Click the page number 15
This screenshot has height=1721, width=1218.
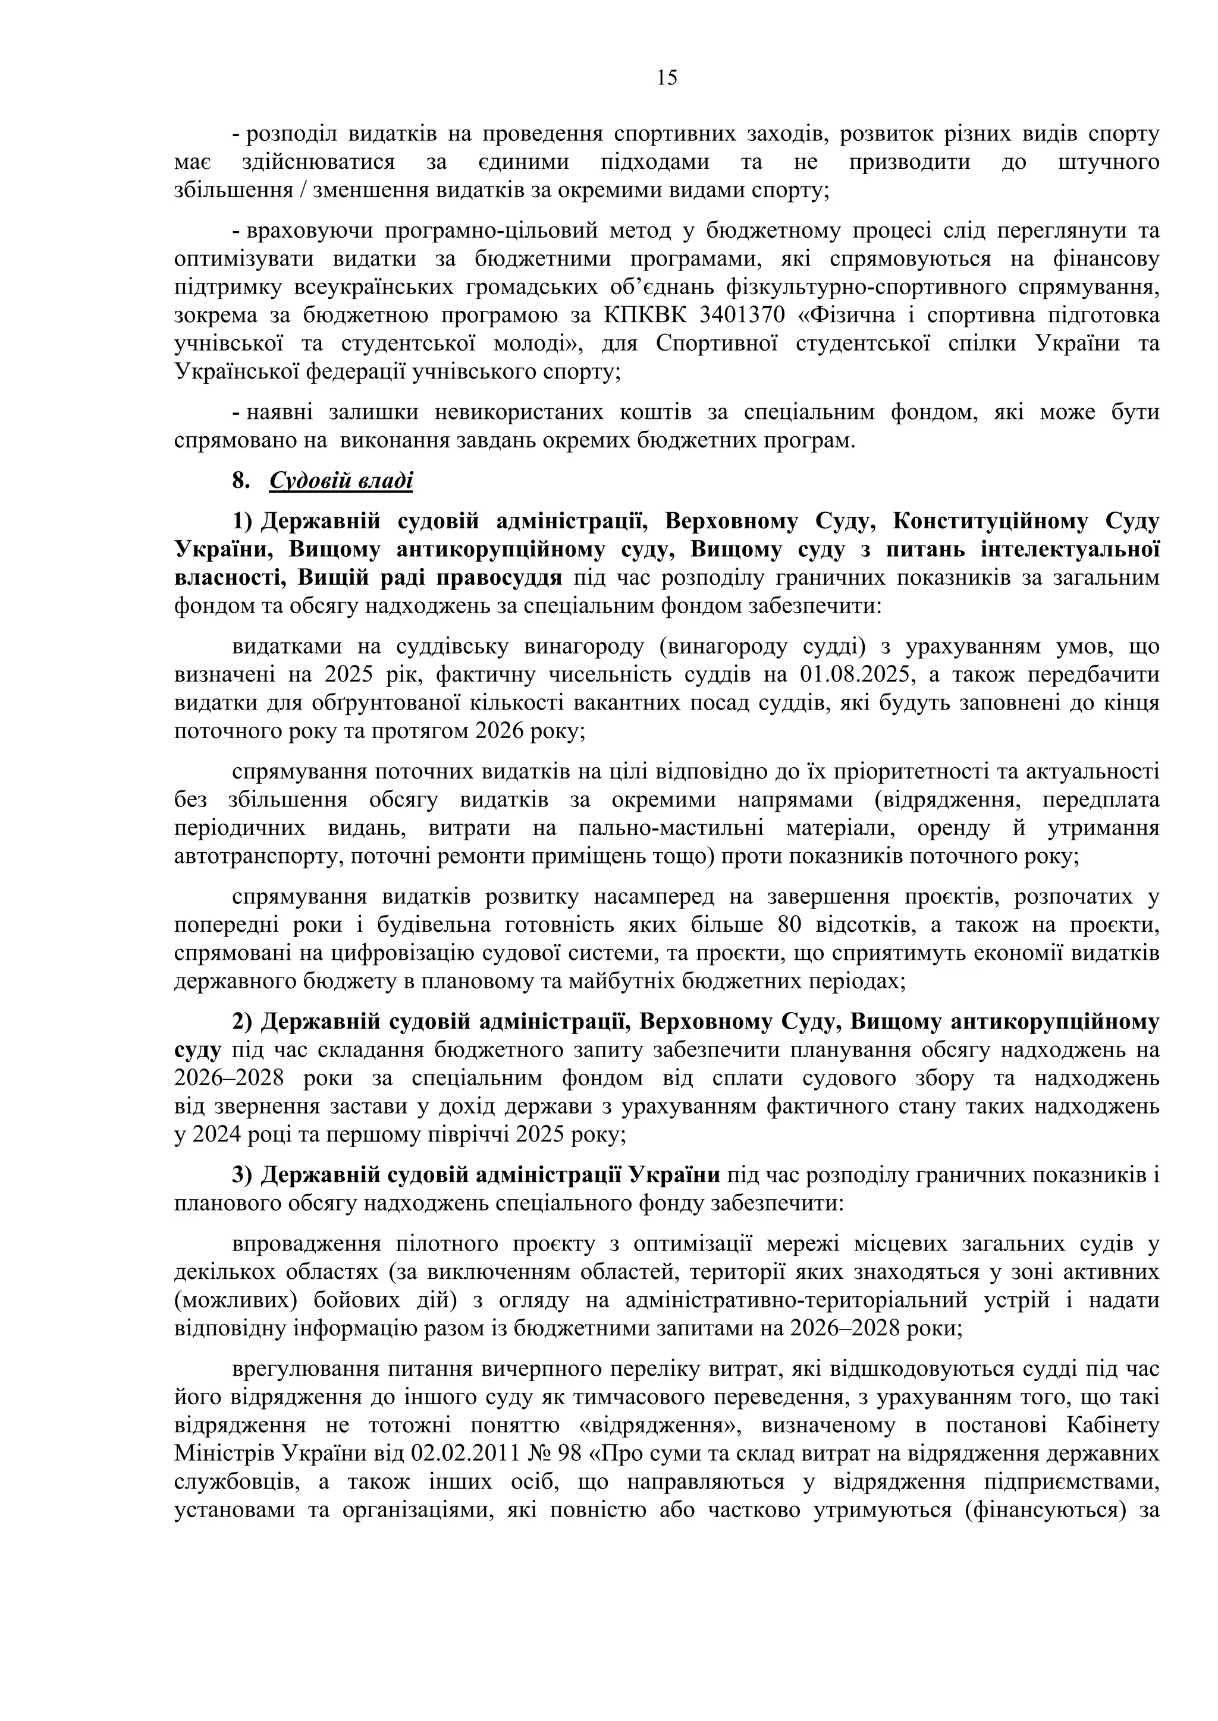click(x=667, y=78)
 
